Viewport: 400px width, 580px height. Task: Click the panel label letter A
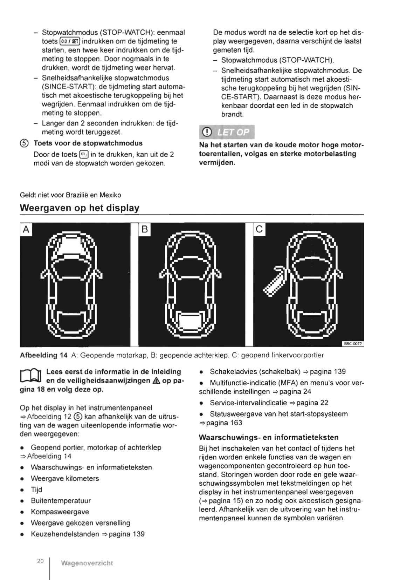[26, 230]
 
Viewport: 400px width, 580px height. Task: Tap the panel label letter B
[144, 230]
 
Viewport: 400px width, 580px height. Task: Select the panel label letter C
[259, 229]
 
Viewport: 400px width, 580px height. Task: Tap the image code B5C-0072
[353, 344]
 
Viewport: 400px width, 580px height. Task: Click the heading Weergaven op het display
[80, 208]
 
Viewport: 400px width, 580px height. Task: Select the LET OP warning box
[227, 132]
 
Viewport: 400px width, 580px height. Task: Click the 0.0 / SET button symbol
[70, 41]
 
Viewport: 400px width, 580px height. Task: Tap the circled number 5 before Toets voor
[24, 143]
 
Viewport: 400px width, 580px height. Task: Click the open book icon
[31, 376]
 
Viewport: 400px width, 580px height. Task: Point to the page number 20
[40, 561]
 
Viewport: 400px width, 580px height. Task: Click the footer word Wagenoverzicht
[87, 563]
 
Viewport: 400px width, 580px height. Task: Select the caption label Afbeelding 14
[43, 355]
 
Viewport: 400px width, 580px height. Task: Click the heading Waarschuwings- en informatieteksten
[269, 437]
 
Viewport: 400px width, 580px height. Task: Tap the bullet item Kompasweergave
[60, 512]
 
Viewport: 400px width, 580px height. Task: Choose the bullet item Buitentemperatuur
[61, 500]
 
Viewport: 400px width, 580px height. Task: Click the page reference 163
[236, 423]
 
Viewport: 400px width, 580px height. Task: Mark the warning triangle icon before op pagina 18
[157, 381]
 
